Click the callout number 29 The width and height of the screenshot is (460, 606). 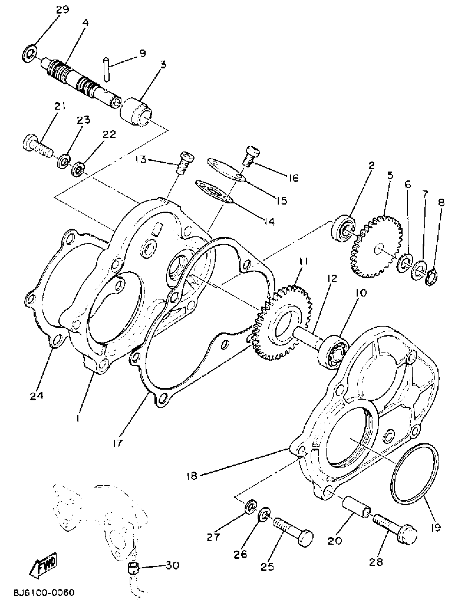[63, 10]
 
